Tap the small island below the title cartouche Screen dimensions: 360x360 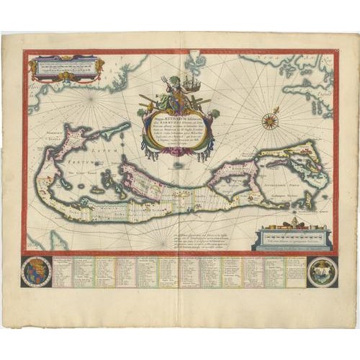[179, 164]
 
